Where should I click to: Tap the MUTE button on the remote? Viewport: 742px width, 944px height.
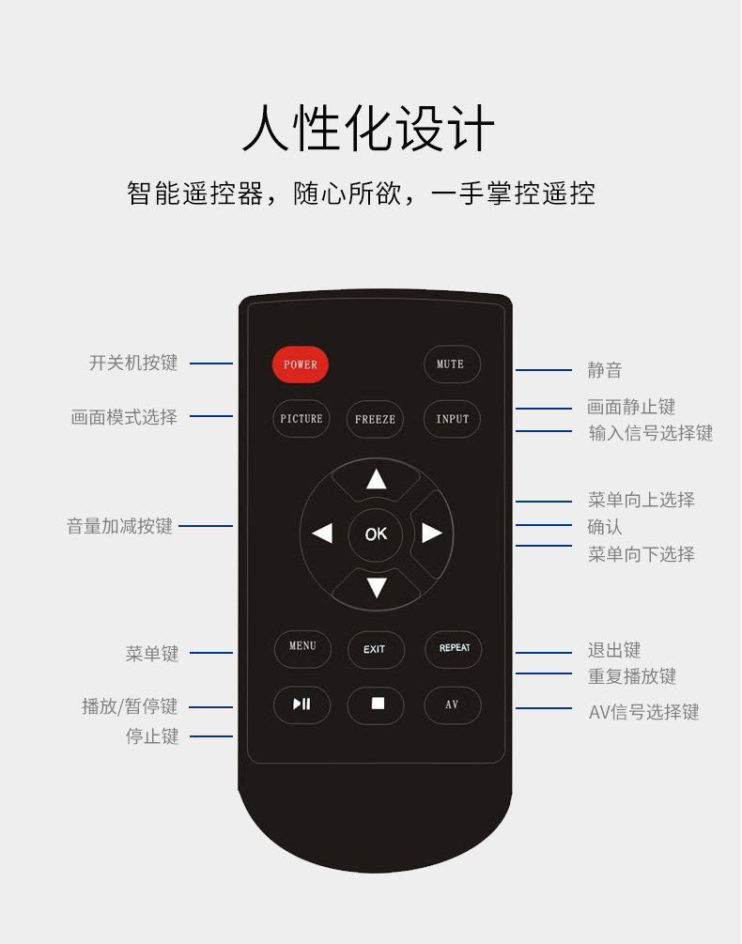(x=452, y=364)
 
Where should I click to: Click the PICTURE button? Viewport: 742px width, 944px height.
(x=301, y=418)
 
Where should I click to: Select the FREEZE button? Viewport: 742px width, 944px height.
(x=375, y=419)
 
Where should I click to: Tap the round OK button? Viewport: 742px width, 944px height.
(x=376, y=534)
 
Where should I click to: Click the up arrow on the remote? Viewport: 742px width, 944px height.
(x=376, y=479)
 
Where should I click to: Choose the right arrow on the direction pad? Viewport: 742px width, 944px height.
(x=431, y=533)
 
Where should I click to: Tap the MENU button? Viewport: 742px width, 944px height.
(x=302, y=648)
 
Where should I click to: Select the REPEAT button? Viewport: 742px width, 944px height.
(x=453, y=649)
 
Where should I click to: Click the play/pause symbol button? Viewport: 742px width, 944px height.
(x=301, y=704)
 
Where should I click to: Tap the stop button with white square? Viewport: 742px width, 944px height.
(x=376, y=705)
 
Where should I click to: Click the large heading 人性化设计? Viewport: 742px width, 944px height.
(x=368, y=129)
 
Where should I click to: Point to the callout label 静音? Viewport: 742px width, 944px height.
(x=605, y=370)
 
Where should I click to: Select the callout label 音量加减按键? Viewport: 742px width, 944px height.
(x=119, y=526)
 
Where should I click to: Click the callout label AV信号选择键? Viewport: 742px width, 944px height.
(x=644, y=712)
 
